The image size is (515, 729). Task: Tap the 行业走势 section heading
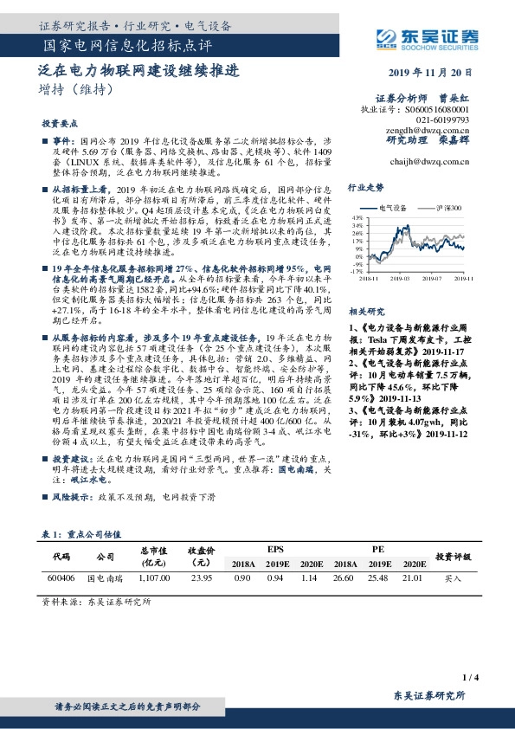(365, 186)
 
